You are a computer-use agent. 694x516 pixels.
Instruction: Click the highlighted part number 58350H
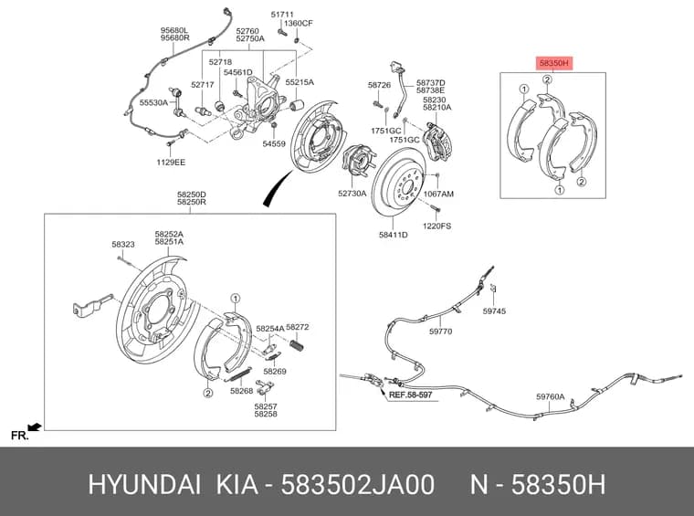point(553,64)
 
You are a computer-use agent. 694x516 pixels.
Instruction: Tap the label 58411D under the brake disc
point(393,235)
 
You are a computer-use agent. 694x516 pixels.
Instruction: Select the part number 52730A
point(352,194)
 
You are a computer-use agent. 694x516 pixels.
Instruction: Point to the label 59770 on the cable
point(440,332)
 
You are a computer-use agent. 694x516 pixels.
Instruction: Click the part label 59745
point(494,311)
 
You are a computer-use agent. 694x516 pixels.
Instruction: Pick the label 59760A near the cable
point(550,397)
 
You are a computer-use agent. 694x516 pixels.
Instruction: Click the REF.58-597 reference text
point(410,395)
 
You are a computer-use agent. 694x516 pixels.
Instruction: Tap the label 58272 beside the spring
point(298,328)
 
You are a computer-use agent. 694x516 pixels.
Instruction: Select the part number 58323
point(123,244)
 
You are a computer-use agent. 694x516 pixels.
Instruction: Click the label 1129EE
point(171,163)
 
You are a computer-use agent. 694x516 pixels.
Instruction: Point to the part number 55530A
point(153,102)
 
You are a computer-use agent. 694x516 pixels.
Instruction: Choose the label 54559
point(274,143)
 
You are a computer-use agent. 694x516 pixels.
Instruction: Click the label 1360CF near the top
point(299,23)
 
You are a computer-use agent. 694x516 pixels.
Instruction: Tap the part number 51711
point(282,15)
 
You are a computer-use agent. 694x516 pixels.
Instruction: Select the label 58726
point(379,85)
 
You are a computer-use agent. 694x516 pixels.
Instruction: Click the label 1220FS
point(436,226)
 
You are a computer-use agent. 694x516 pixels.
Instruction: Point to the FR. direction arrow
point(35,427)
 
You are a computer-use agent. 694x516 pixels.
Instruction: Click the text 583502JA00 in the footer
point(358,485)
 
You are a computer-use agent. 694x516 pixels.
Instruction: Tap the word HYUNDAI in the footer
point(144,485)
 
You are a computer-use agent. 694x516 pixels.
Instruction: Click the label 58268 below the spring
point(242,391)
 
